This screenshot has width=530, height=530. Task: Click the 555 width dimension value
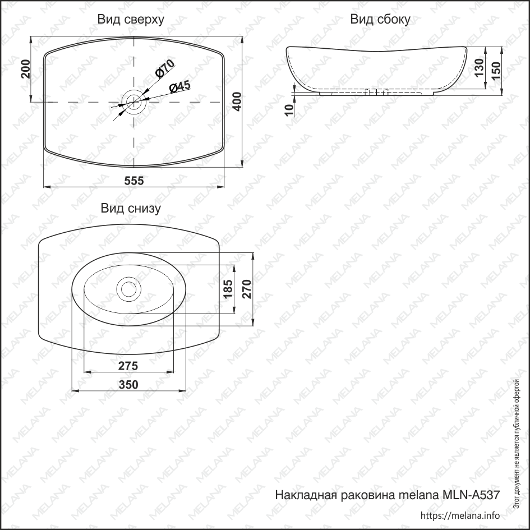(134, 181)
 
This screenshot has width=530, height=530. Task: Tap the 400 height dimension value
(237, 102)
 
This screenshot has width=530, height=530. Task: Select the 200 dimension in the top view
(26, 69)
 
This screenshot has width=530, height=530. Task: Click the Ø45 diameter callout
(180, 87)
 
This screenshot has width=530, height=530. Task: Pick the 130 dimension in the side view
(479, 68)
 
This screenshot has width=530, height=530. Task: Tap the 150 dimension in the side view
(496, 71)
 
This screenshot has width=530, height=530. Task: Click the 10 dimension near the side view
(289, 110)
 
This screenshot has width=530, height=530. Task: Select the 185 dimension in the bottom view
(228, 289)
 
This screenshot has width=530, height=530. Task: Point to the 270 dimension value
(247, 289)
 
